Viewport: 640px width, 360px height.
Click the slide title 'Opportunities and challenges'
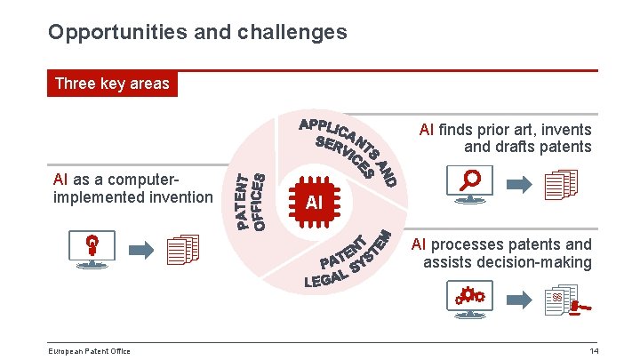(x=197, y=33)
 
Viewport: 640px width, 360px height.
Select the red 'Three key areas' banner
(x=112, y=84)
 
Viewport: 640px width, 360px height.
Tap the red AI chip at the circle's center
(x=313, y=202)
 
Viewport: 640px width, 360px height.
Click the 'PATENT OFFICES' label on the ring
(x=250, y=201)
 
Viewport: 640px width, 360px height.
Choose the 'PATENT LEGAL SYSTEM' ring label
(x=348, y=261)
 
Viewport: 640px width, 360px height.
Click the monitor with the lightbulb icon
(x=92, y=249)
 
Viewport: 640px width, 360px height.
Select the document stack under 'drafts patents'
(x=561, y=185)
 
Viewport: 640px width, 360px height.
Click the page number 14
(x=594, y=351)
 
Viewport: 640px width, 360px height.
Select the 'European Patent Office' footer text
(x=89, y=351)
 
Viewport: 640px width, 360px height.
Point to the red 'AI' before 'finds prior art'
(x=426, y=130)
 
